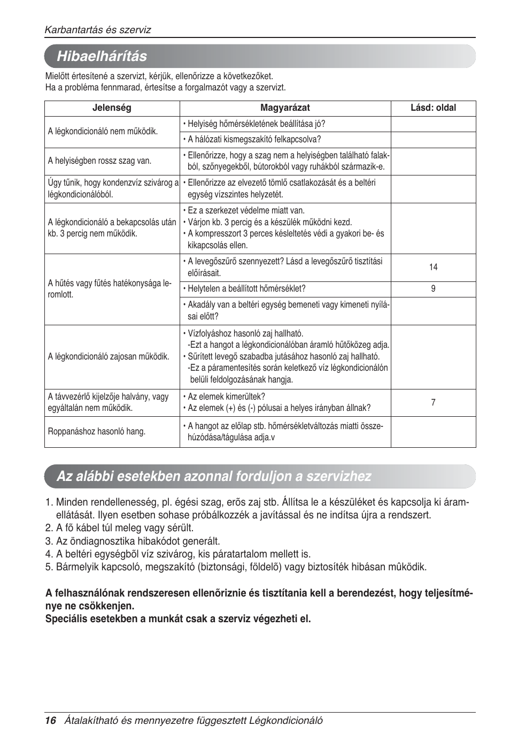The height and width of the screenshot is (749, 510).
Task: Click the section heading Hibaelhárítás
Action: click(x=102, y=56)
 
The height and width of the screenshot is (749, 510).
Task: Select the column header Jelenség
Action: click(x=112, y=108)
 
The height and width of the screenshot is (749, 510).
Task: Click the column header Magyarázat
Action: click(x=285, y=108)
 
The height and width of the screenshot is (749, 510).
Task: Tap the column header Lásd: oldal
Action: click(x=433, y=108)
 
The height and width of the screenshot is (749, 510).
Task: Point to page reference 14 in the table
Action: click(x=433, y=267)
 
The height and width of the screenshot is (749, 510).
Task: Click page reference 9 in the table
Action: click(x=433, y=289)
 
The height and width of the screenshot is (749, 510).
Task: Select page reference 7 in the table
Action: click(x=433, y=402)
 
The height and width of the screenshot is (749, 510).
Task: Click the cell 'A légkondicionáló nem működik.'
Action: click(x=103, y=132)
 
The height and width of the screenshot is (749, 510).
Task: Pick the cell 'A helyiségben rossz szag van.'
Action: click(x=99, y=161)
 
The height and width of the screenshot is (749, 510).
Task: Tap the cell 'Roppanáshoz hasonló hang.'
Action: click(x=97, y=432)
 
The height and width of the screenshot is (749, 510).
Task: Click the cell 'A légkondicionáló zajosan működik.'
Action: click(x=109, y=357)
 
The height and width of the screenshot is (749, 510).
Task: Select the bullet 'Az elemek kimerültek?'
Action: click(x=226, y=397)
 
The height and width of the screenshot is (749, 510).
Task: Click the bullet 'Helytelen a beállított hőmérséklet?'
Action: click(x=246, y=289)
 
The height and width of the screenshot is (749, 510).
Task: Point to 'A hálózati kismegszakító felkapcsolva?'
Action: click(x=254, y=140)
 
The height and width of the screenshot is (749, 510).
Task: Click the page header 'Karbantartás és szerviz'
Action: click(x=98, y=30)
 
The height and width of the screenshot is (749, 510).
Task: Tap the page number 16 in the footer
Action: click(x=50, y=720)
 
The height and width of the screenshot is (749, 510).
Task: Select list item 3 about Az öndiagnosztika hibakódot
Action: click(x=133, y=541)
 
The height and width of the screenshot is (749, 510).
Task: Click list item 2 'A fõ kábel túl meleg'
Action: click(x=119, y=529)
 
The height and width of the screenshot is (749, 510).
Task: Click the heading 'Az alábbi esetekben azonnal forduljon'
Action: click(x=214, y=476)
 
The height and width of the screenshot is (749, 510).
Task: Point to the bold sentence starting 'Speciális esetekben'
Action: click(x=178, y=619)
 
